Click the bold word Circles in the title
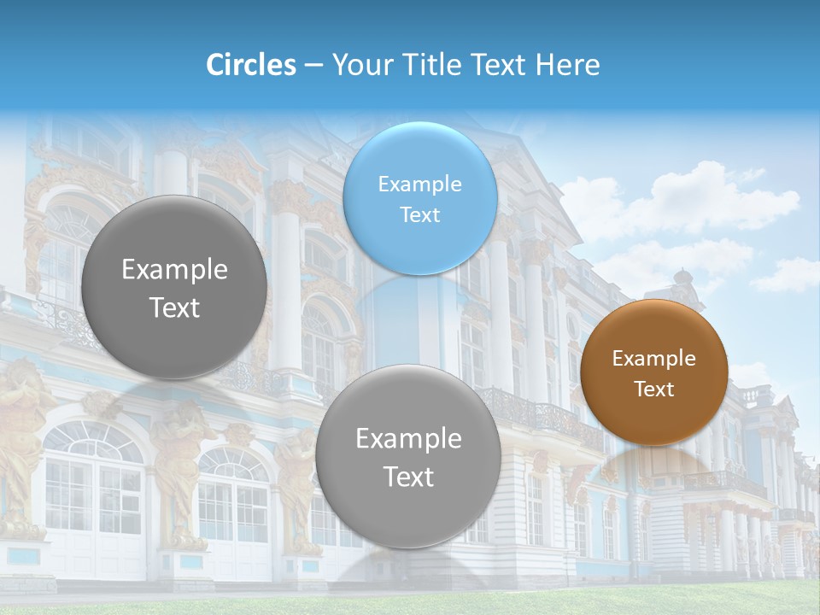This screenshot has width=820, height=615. pyautogui.click(x=250, y=65)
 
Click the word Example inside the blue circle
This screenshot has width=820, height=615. pyautogui.click(x=419, y=184)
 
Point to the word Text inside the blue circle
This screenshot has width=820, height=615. pyautogui.click(x=419, y=214)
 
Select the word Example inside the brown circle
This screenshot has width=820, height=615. pyautogui.click(x=653, y=359)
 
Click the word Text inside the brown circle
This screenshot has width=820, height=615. pyautogui.click(x=653, y=389)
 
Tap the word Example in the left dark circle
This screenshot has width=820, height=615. pyautogui.click(x=174, y=270)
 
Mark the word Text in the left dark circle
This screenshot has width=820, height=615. pyautogui.click(x=174, y=307)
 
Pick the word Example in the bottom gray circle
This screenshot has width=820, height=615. pyautogui.click(x=408, y=439)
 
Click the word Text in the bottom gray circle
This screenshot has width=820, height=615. pyautogui.click(x=408, y=477)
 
